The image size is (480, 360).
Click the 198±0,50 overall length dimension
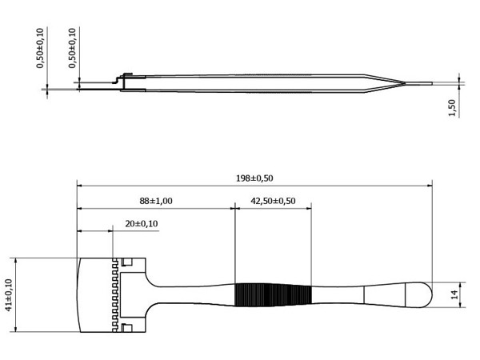click(254, 178)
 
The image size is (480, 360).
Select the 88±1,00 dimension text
click(156, 201)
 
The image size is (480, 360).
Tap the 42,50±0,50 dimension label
click(273, 201)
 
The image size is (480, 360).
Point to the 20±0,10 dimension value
click(142, 224)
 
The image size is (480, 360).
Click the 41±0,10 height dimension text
click(9, 295)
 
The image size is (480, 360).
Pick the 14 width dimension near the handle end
click(455, 294)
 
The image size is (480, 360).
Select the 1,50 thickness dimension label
click(452, 108)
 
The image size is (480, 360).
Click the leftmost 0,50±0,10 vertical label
click(40, 48)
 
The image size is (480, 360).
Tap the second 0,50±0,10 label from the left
click(72, 48)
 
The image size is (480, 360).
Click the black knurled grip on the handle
click(273, 294)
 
